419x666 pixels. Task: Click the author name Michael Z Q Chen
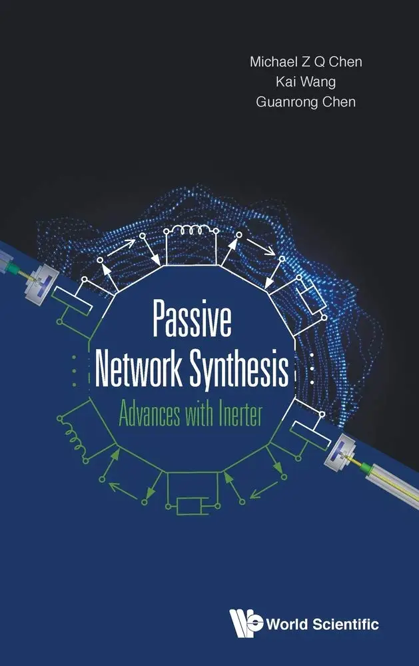(306, 61)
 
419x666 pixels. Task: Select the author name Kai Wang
(306, 81)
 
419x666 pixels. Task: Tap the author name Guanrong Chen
(306, 102)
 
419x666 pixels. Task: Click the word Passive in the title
(192, 318)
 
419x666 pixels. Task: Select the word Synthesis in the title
(239, 370)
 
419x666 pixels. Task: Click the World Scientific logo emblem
(246, 623)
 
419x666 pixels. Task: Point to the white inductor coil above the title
(191, 230)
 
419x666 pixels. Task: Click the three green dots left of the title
(75, 371)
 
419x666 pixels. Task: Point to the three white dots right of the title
(312, 368)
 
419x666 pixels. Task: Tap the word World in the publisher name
(288, 625)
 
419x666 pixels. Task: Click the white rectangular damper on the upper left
(72, 301)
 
